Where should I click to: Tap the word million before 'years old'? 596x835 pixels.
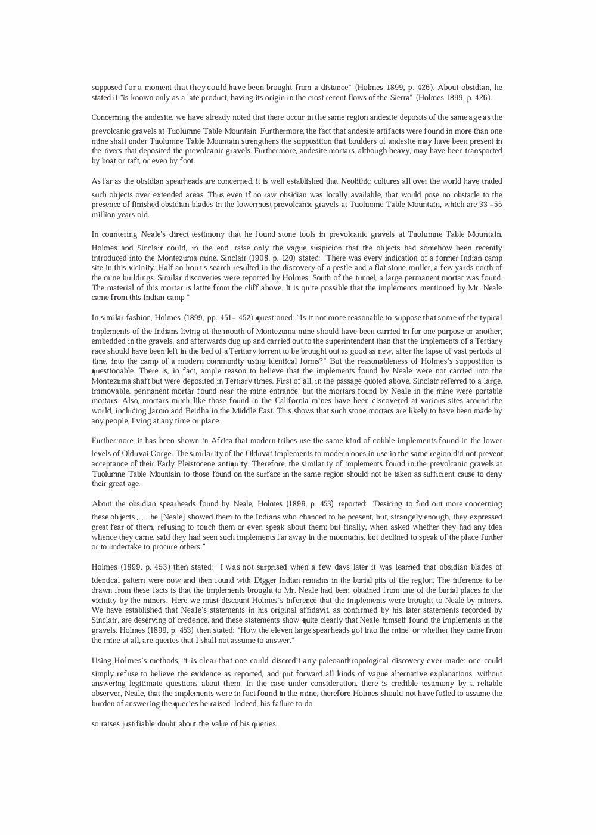click(x=104, y=215)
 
